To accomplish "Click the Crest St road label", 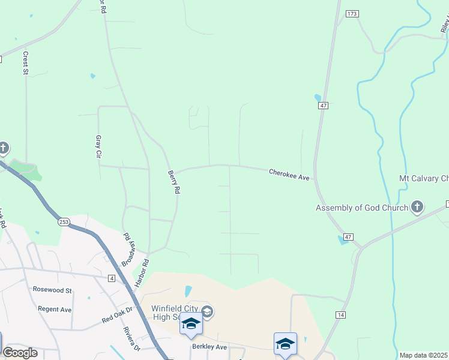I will [26, 63].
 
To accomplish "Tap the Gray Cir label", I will [98, 146].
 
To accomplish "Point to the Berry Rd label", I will [174, 181].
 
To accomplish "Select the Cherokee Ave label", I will [289, 175].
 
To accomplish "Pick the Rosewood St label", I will [52, 290].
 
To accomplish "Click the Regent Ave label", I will [55, 309].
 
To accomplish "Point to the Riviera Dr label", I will [131, 338].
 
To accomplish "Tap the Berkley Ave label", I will [209, 347].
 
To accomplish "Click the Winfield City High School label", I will [166, 313].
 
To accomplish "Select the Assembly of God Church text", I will [362, 208].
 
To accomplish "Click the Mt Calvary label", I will [424, 178].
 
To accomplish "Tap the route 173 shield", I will [352, 13].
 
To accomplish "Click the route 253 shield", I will [64, 222].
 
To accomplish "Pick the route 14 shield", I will [340, 315].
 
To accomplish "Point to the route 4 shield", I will [112, 278].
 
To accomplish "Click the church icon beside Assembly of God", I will [417, 208].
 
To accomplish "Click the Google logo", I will [20, 353].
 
